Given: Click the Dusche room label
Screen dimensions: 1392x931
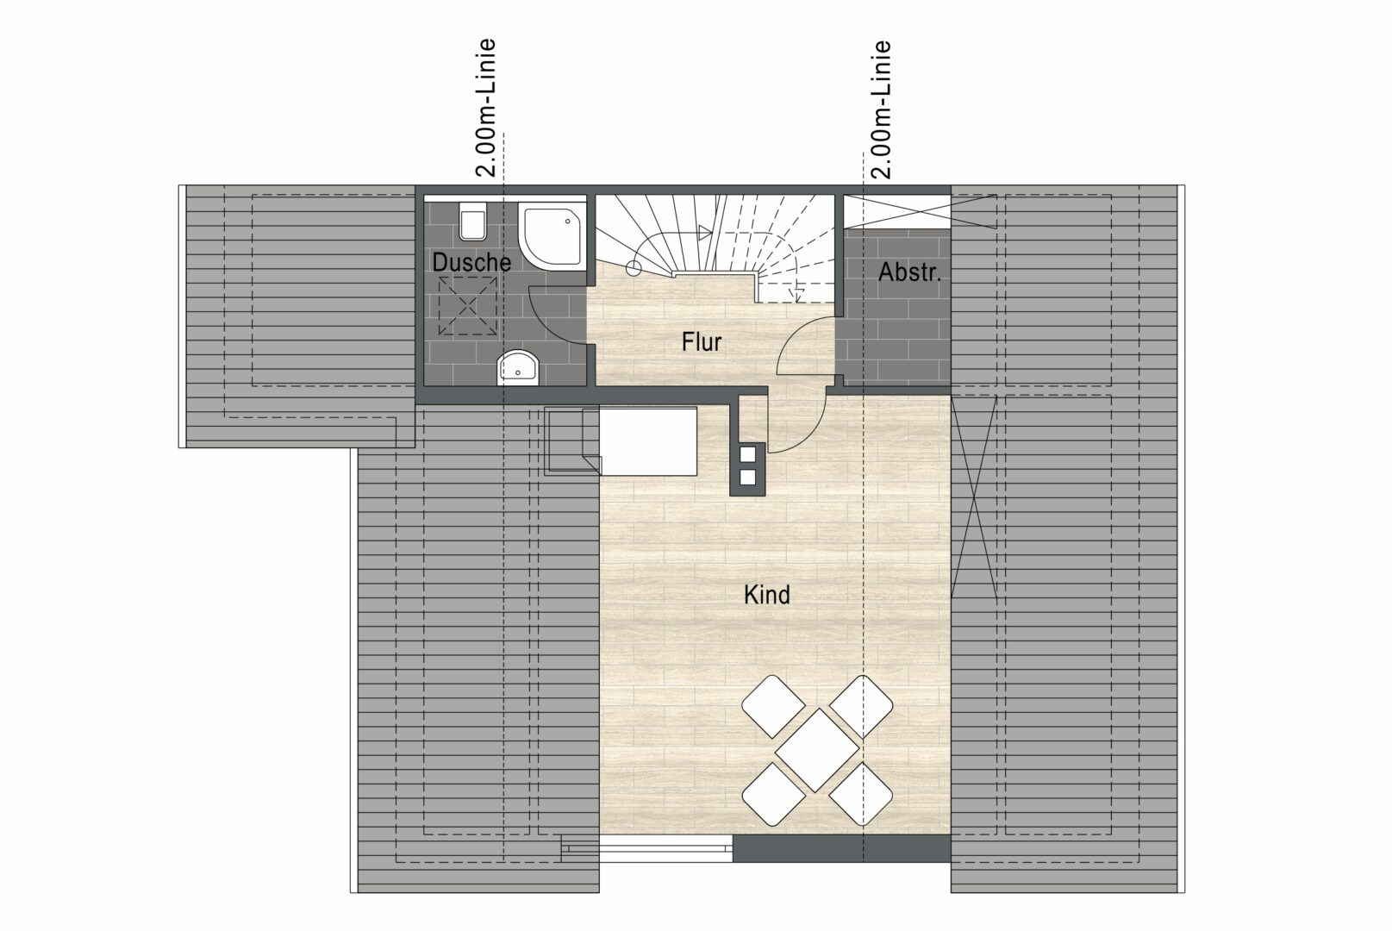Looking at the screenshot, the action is pos(471,262).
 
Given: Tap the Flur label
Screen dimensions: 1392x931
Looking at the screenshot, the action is pos(702,342).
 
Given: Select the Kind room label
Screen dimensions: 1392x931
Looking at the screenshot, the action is pos(767,595).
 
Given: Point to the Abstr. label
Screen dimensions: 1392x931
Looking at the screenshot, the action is pos(909,272).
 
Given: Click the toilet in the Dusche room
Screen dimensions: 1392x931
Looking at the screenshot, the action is pos(473,222).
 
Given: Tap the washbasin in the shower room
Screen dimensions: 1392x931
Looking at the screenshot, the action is pos(517,368).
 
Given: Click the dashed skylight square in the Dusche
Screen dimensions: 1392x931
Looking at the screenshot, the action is pos(467,306).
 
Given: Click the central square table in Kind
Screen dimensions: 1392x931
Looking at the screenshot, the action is pos(817,750).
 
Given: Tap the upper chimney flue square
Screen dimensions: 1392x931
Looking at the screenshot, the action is pos(747,453).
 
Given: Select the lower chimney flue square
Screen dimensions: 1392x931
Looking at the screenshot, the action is pos(747,478).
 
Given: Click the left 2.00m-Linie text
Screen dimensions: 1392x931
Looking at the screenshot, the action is pos(485,108).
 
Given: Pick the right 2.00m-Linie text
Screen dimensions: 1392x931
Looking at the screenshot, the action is pos(881,109).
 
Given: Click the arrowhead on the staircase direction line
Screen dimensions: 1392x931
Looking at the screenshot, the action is pos(705,233).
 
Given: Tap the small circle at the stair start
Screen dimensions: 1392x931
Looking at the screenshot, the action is pos(634,268).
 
